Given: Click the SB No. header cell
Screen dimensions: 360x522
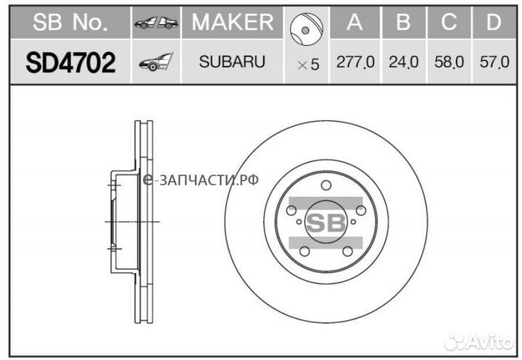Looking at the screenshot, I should coord(70,23).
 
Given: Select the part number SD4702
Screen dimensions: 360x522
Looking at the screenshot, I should coord(70,62).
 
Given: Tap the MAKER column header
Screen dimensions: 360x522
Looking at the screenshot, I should coord(233,23).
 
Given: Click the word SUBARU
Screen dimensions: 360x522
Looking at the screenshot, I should coord(233,62).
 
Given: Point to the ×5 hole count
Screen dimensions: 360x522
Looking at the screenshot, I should coord(307,64).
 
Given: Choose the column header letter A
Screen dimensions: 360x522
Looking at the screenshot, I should coord(355,23).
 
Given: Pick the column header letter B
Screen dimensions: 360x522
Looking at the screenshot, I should coord(402,23).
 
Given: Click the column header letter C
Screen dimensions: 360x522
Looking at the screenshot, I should coord(449,23).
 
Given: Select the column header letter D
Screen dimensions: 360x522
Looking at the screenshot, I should coord(494,23).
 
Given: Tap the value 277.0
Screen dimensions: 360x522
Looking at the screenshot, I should coord(355,63).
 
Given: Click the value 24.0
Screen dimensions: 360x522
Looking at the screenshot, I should coord(403,63).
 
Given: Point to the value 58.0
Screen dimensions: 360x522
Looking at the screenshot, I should coord(449,63).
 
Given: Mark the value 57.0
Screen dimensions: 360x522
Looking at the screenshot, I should coord(494,63).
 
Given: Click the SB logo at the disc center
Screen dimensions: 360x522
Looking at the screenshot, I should coord(326,221).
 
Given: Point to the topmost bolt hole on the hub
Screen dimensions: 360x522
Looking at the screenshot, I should coord(326,185).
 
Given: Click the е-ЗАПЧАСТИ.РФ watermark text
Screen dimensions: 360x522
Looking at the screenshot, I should coord(201,180).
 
